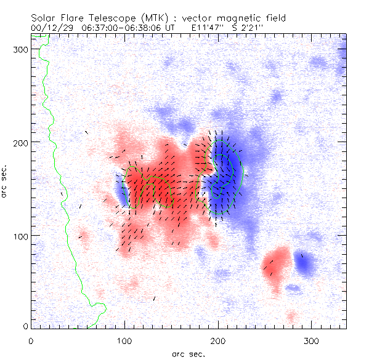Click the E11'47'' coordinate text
point(208,28)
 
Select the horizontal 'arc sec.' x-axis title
point(188,354)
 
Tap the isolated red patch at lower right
point(277,265)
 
